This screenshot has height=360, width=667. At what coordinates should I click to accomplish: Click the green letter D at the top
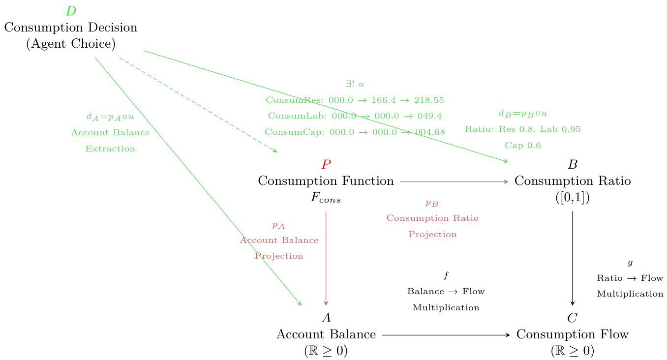point(71,11)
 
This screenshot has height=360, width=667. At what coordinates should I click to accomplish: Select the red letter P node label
point(326,165)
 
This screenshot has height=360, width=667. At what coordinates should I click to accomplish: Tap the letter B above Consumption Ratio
point(572,165)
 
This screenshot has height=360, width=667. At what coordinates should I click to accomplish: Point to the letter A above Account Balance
point(326,318)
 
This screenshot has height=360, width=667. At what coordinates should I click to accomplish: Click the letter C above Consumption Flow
point(572,318)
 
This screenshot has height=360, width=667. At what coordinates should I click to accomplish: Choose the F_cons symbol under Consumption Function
point(326,199)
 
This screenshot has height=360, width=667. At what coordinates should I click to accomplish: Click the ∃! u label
point(355,85)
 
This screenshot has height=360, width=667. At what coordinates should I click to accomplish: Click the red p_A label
point(278,225)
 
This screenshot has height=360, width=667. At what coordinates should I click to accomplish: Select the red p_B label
point(432,203)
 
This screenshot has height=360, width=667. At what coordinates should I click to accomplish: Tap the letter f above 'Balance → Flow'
point(446,275)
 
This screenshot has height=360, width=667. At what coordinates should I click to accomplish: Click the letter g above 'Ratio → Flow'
point(630,263)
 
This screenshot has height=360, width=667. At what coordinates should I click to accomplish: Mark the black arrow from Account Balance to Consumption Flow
point(446,335)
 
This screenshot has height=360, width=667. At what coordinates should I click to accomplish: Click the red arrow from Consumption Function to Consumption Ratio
point(454,181)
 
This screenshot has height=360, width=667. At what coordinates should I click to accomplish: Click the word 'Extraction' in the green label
point(110,149)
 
